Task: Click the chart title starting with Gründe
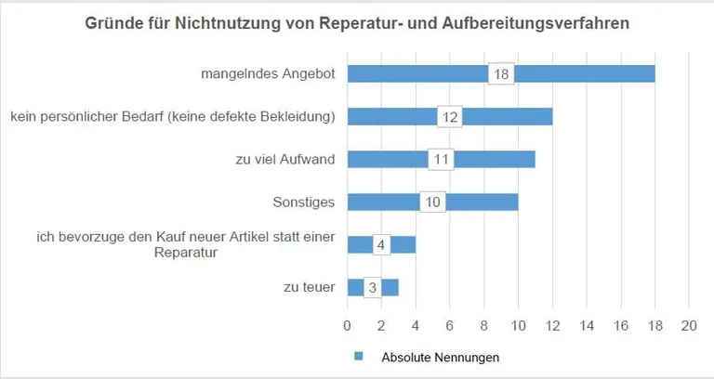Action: pos(357,23)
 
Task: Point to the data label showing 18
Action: pos(501,74)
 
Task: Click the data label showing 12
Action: pos(450,117)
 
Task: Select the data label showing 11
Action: pos(442,159)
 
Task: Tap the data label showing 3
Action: pos(373,287)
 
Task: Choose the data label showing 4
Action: pos(381,244)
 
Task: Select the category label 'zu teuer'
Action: pos(309,287)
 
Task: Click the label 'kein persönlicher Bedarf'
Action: pos(173,117)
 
